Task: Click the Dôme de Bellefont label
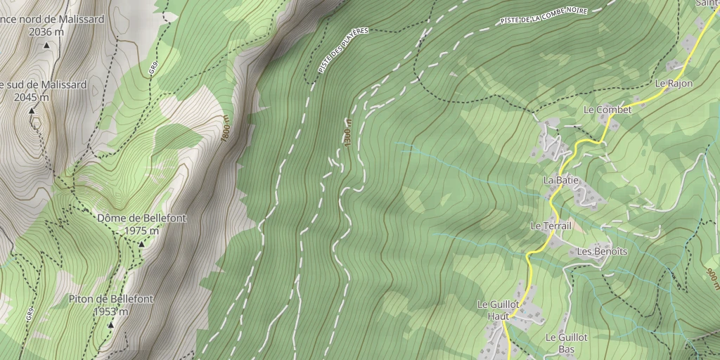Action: point(141,218)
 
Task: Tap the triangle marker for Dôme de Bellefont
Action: point(141,244)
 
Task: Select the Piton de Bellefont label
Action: point(110,299)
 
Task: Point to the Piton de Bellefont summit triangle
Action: point(110,325)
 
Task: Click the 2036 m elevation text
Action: point(46,32)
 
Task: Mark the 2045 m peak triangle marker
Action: point(32,110)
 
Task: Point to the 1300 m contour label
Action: point(347,132)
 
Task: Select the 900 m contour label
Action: point(712,277)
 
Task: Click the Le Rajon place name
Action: point(674,83)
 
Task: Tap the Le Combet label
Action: point(607,110)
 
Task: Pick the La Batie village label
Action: point(560,180)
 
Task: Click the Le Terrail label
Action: point(551,226)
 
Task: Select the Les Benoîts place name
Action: point(601,251)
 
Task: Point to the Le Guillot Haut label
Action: point(498,309)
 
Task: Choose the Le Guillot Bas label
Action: point(566,342)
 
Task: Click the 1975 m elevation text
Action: point(141,231)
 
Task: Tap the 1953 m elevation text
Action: point(110,311)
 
